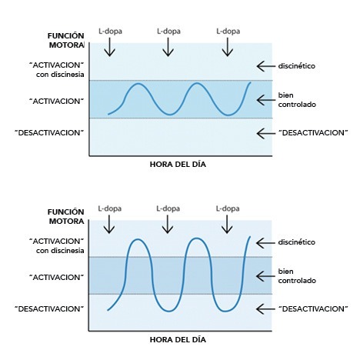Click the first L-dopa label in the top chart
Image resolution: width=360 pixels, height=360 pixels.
(110, 32)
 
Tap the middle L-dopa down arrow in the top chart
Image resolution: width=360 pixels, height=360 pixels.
(168, 47)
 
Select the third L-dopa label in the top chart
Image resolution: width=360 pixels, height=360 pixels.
(228, 32)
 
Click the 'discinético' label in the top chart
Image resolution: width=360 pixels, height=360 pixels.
(297, 66)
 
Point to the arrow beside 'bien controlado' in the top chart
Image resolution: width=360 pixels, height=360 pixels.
(265, 100)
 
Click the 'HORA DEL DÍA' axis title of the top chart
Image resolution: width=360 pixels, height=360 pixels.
(178, 165)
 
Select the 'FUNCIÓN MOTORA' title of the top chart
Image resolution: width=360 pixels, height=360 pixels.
(66, 40)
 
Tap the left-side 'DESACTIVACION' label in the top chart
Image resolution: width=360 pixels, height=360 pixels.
(49, 133)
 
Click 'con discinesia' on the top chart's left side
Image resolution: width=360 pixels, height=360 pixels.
(60, 75)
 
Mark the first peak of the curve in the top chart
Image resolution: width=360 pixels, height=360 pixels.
(138, 84)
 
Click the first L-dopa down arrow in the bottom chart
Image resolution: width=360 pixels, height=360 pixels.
(109, 224)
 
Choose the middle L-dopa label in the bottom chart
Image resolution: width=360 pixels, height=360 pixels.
(168, 208)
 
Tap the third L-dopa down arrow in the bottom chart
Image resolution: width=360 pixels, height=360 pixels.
(227, 224)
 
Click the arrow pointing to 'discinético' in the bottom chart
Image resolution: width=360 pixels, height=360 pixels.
(265, 243)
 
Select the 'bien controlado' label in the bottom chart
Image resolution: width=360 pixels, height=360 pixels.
(297, 276)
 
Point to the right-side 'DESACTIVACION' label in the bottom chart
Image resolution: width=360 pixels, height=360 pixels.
(313, 308)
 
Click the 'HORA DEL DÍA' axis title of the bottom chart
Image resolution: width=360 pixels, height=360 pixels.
(178, 340)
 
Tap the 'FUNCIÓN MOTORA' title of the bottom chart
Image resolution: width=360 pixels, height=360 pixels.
(66, 216)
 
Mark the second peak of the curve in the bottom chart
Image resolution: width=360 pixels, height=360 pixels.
(197, 238)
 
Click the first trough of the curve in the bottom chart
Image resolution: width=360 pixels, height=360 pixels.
(168, 311)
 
